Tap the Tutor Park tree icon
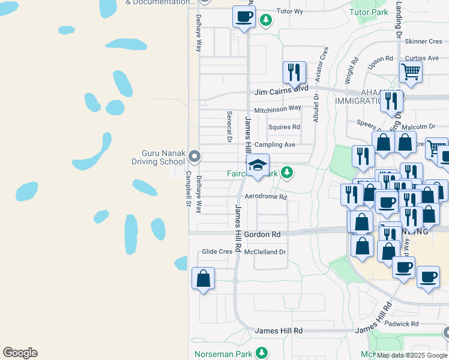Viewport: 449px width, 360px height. point(266,20)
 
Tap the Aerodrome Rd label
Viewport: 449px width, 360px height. point(266,197)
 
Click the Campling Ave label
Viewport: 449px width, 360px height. point(275,145)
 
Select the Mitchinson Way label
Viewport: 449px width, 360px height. point(277,109)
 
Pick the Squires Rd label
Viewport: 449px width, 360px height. point(284,127)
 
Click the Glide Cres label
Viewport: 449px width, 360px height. point(217,251)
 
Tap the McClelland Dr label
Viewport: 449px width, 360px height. point(265,251)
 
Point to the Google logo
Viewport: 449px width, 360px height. point(20,353)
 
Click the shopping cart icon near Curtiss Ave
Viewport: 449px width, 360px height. point(411,72)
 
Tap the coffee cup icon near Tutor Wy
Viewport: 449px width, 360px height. point(244,16)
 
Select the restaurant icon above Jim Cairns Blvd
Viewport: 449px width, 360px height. point(294,73)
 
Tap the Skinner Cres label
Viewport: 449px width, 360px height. point(423,41)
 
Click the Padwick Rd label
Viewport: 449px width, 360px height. point(411,323)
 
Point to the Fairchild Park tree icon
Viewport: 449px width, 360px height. point(288,173)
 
